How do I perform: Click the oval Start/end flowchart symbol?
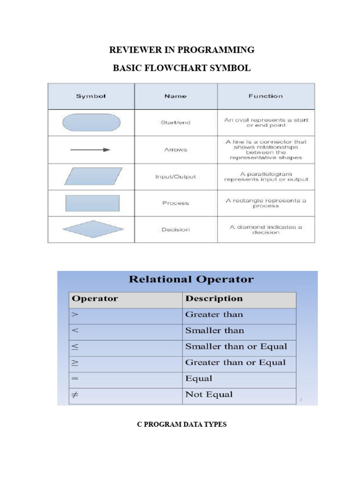91,122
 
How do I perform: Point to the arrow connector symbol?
91,150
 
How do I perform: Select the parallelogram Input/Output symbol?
93,176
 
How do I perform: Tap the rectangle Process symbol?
92,203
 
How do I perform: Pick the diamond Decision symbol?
93,229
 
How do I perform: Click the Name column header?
175,96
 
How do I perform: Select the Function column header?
265,96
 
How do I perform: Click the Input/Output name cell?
175,177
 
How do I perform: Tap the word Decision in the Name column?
175,230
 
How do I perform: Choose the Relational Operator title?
191,279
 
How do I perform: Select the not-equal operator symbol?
74,395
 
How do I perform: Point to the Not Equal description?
209,395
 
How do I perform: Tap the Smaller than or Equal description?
236,346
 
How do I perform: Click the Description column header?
214,298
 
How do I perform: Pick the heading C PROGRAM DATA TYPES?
182,424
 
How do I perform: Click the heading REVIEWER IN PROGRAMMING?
182,50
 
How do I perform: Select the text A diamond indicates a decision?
266,230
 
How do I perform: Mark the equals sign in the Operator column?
74,378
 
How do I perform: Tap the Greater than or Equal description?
236,362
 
